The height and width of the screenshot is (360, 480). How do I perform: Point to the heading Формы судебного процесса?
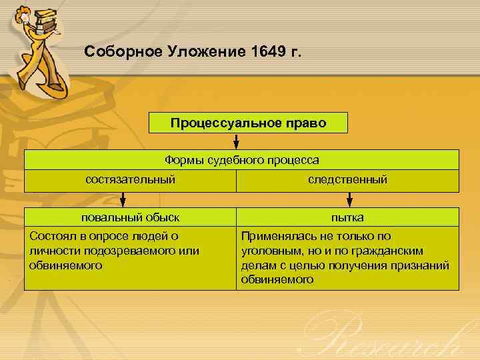[x=241, y=160]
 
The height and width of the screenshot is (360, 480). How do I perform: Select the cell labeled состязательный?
[x=131, y=180]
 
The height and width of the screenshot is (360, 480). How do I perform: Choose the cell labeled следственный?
[x=347, y=180]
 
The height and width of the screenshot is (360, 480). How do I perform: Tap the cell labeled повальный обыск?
[x=131, y=217]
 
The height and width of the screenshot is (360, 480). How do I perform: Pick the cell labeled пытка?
[x=347, y=217]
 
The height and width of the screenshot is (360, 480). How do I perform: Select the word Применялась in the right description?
[x=273, y=236]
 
